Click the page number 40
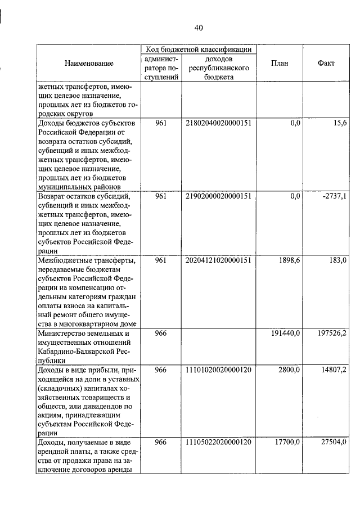198,28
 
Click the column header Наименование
89,64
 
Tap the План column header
279,64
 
